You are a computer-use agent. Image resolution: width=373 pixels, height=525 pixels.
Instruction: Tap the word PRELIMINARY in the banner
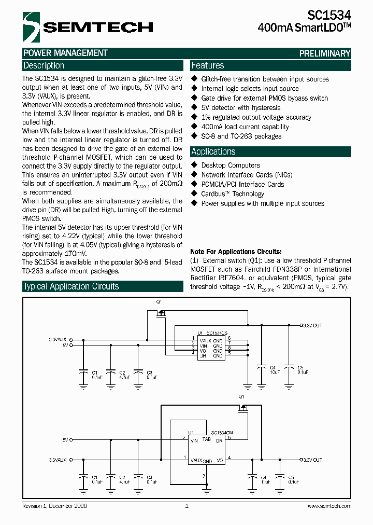pyautogui.click(x=325, y=53)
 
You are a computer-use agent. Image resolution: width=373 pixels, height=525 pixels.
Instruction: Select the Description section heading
pyautogui.click(x=44, y=66)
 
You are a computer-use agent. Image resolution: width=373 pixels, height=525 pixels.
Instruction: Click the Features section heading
pyautogui.click(x=208, y=66)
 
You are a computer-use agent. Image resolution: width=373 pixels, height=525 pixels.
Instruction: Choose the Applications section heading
pyautogui.click(x=213, y=152)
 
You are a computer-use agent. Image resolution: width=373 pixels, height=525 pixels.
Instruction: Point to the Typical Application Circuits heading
pyautogui.click(x=71, y=286)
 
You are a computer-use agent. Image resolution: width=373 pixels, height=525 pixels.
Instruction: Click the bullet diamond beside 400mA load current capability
pyautogui.click(x=195, y=127)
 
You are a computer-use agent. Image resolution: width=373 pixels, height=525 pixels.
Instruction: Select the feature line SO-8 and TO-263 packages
pyautogui.click(x=241, y=136)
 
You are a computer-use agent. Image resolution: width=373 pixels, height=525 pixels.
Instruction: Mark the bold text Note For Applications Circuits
pyautogui.click(x=236, y=251)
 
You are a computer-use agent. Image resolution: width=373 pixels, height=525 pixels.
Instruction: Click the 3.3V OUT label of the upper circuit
pyautogui.click(x=312, y=325)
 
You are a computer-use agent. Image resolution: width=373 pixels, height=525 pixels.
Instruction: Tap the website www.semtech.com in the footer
pyautogui.click(x=329, y=506)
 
